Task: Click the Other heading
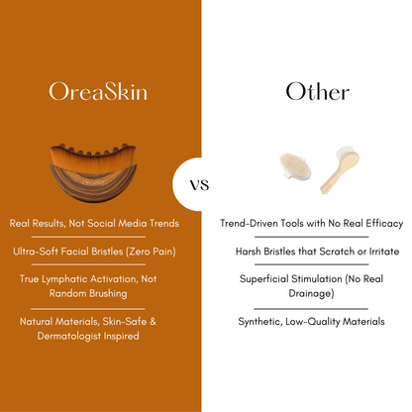[317, 92]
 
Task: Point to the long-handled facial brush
[333, 170]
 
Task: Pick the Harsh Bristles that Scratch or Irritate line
[311, 252]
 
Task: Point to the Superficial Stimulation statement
[311, 286]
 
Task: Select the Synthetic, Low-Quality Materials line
[311, 321]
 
